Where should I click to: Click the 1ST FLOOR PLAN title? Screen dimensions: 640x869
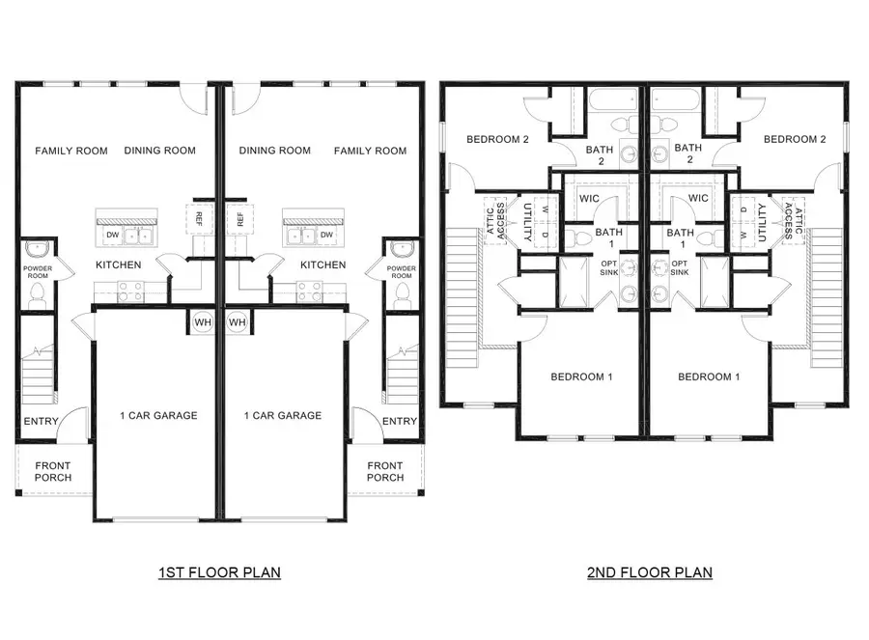click(x=219, y=572)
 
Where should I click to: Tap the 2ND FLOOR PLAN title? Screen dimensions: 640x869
click(x=649, y=572)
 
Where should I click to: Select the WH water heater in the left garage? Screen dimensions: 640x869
click(x=203, y=322)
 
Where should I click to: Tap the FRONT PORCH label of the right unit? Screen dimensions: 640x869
click(x=385, y=472)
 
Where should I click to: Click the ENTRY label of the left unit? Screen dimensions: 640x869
click(x=41, y=421)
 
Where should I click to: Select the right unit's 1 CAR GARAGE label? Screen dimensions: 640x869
click(x=283, y=416)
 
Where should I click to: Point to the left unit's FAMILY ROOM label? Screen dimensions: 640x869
click(x=71, y=151)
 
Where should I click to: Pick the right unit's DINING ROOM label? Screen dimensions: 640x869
click(x=275, y=151)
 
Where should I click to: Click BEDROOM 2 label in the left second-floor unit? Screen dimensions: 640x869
click(x=498, y=139)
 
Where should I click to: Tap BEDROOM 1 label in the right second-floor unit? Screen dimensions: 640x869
click(x=709, y=376)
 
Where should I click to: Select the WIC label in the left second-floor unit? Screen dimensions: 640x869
click(x=591, y=198)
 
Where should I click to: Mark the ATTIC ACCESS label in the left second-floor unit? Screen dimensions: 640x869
click(x=495, y=221)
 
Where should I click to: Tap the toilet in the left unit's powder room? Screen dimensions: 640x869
click(x=39, y=293)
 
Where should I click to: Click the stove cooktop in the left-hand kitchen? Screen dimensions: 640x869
click(x=130, y=287)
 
